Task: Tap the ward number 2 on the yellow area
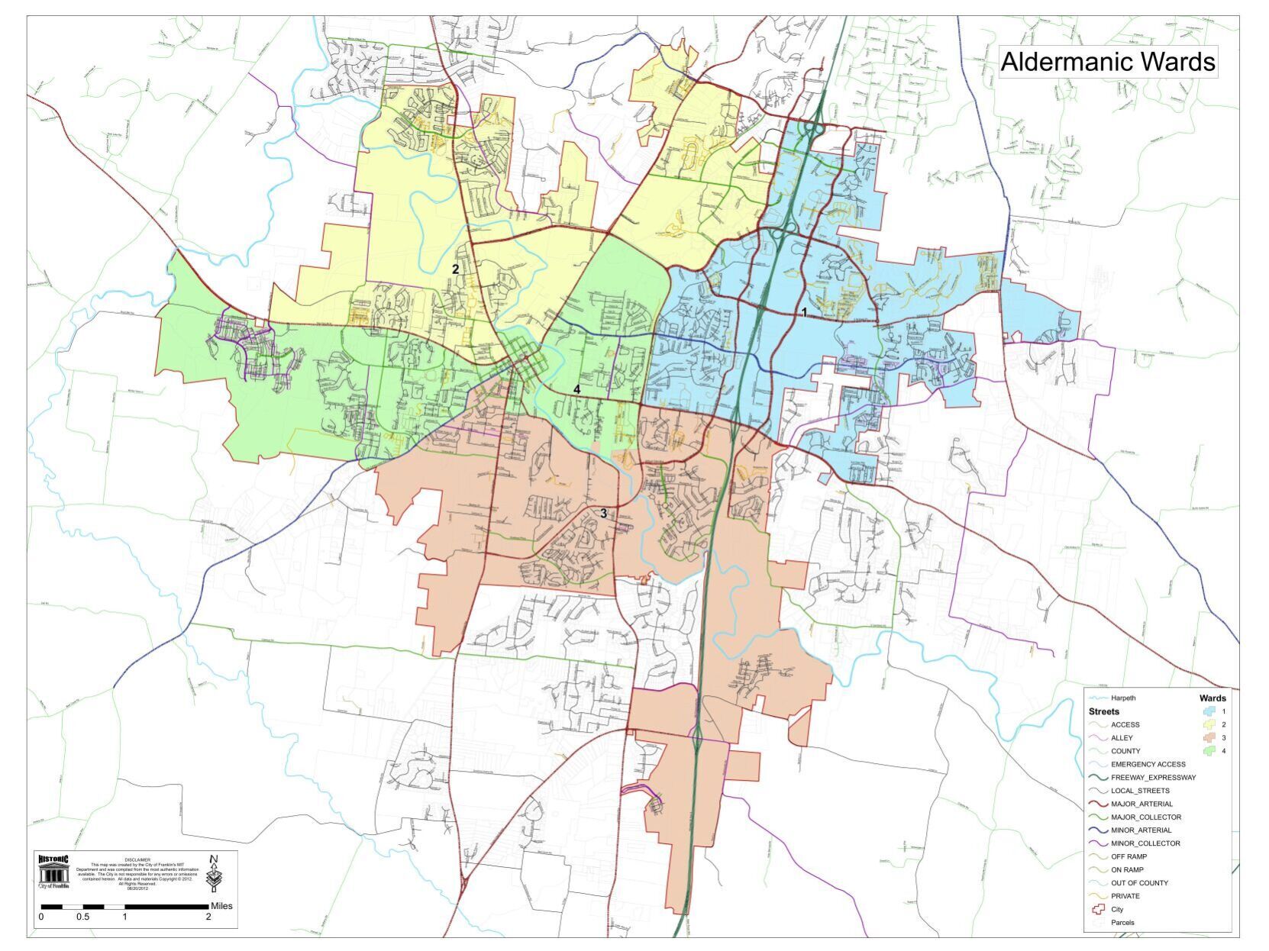(x=455, y=269)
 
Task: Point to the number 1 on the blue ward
(x=804, y=313)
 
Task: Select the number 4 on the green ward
(x=577, y=389)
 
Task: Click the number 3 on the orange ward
(x=603, y=514)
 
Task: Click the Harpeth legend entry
(x=1123, y=698)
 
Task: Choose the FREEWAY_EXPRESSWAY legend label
(x=1153, y=778)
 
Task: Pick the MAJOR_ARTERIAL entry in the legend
(x=1141, y=804)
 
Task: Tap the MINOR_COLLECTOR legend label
(x=1145, y=843)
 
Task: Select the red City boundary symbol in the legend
(x=1098, y=909)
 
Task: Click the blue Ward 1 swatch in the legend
(x=1209, y=711)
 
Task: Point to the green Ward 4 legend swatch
(x=1209, y=751)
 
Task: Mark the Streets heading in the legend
(x=1104, y=711)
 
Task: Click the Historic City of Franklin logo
(x=53, y=872)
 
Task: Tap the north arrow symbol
(x=215, y=872)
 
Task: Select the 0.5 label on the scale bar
(x=82, y=917)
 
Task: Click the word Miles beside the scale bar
(x=221, y=906)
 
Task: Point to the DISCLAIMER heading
(x=137, y=859)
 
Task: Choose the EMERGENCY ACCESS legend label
(x=1148, y=764)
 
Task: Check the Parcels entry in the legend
(x=1122, y=922)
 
